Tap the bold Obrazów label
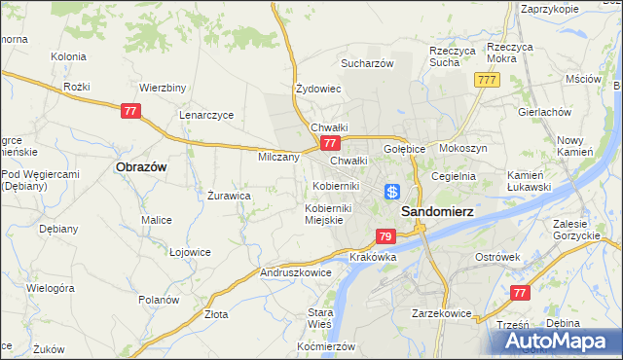141,166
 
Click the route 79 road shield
385,236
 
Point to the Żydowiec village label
317,89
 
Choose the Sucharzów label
366,63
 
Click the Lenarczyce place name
206,114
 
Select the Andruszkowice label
296,273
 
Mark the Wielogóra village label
51,289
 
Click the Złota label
216,314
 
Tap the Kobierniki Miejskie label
333,214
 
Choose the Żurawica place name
230,195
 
